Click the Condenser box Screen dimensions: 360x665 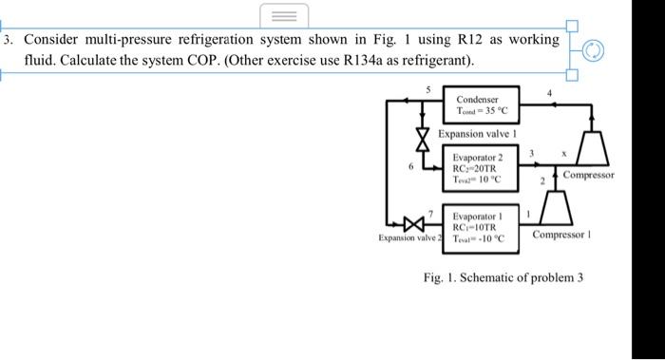484,104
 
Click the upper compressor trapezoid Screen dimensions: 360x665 596,149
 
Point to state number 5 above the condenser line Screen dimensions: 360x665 428,89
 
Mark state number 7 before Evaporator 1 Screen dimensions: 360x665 432,217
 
